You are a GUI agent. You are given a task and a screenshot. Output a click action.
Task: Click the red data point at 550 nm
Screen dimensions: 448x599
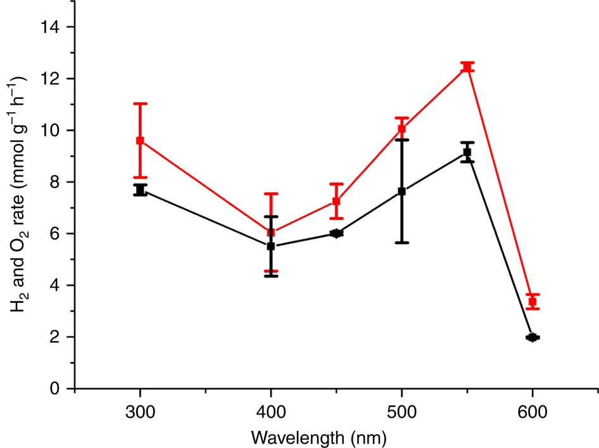(x=467, y=67)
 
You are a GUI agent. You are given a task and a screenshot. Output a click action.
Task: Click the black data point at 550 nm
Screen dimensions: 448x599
(x=467, y=152)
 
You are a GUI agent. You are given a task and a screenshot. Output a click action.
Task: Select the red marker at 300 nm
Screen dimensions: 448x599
(x=140, y=140)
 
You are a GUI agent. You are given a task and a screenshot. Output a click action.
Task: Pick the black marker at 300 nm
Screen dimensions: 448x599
(x=140, y=190)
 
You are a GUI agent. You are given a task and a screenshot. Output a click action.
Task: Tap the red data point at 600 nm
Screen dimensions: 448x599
(x=533, y=302)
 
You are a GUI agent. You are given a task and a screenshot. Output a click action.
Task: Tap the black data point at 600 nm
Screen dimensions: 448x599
(x=533, y=337)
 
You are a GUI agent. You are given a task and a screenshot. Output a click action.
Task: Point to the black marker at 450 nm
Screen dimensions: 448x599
(x=336, y=233)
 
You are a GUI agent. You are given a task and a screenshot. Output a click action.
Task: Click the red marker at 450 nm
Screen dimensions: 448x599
(x=336, y=202)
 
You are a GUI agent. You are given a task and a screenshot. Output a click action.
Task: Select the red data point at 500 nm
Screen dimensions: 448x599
(x=401, y=129)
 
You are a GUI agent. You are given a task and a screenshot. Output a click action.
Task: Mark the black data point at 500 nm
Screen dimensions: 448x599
(x=401, y=191)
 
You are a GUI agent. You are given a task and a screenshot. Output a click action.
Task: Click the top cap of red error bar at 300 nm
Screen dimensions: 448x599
(x=140, y=103)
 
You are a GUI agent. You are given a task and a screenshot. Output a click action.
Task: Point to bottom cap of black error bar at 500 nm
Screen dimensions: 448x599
(x=401, y=243)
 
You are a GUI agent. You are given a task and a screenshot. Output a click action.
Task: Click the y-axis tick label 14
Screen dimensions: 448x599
(x=54, y=27)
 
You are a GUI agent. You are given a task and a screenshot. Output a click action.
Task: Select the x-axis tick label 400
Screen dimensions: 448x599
(x=270, y=411)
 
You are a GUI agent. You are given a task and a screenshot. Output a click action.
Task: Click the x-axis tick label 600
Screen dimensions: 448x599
(x=533, y=411)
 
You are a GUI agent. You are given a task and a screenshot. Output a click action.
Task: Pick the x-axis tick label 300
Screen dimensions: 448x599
(x=140, y=411)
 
